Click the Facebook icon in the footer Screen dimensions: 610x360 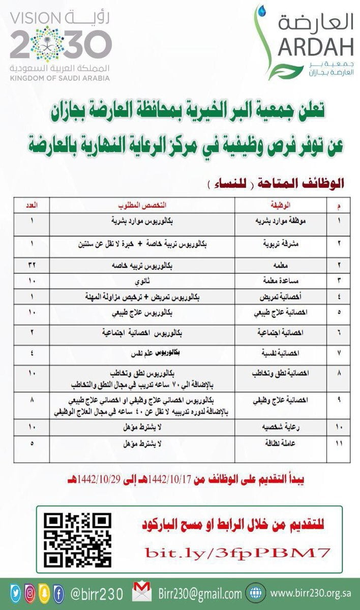pyautogui.click(x=58, y=593)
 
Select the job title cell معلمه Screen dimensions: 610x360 pyautogui.click(x=281, y=265)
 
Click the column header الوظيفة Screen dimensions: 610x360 pyautogui.click(x=281, y=205)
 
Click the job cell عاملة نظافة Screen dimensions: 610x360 pyautogui.click(x=281, y=444)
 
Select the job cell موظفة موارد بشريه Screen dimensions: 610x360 pyautogui.click(x=281, y=222)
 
